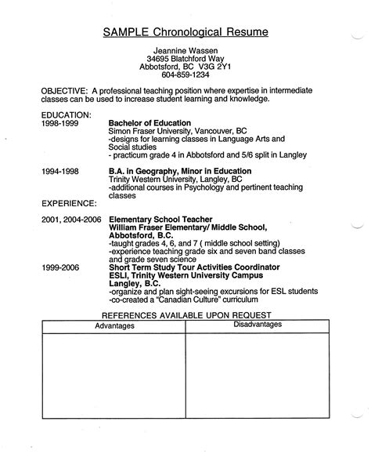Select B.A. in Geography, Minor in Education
[x=180, y=170]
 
